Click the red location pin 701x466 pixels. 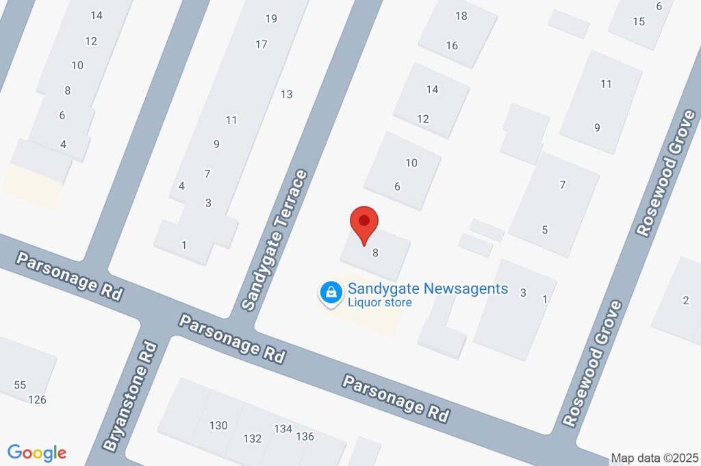click(364, 223)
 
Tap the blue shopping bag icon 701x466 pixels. click(331, 293)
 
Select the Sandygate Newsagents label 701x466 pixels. click(428, 289)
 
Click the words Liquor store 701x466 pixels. click(380, 302)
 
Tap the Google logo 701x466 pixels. click(37, 453)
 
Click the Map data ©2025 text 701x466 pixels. click(654, 458)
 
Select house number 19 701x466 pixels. click(271, 19)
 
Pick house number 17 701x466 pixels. click(261, 45)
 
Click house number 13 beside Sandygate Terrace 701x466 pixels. click(286, 95)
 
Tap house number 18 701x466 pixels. click(461, 16)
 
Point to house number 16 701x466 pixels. click(452, 46)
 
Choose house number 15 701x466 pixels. click(639, 21)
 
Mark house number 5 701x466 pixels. click(545, 230)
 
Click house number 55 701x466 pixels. click(20, 385)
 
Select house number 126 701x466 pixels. click(38, 400)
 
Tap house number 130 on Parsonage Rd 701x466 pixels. click(218, 426)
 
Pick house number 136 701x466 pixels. click(305, 437)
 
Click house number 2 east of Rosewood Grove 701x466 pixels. click(685, 299)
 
